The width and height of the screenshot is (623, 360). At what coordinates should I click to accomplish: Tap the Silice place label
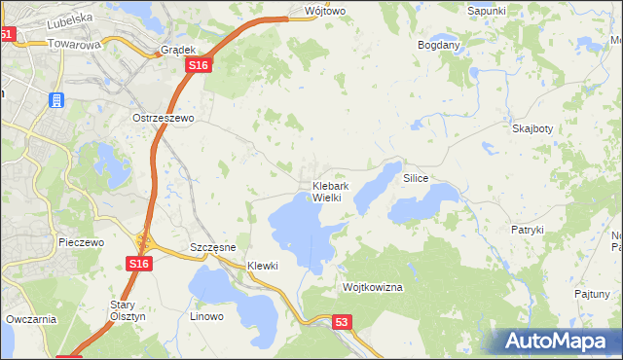pyautogui.click(x=416, y=179)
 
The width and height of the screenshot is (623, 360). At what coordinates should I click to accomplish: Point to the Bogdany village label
pyautogui.click(x=438, y=46)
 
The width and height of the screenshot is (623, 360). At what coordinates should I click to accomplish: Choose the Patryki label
pyautogui.click(x=527, y=230)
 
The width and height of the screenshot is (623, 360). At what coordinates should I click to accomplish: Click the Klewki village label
pyautogui.click(x=263, y=266)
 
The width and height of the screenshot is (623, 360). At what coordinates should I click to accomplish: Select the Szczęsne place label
pyautogui.click(x=213, y=247)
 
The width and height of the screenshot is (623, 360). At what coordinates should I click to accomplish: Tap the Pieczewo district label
pyautogui.click(x=81, y=242)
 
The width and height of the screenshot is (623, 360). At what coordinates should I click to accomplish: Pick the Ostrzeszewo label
pyautogui.click(x=164, y=117)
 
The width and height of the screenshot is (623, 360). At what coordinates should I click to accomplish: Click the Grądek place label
pyautogui.click(x=180, y=49)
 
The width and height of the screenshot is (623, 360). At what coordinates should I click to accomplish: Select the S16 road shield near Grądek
pyautogui.click(x=199, y=64)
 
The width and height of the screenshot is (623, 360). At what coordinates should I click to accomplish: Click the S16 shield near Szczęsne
pyautogui.click(x=138, y=264)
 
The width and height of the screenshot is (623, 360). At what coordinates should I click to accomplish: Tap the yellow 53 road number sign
pyautogui.click(x=340, y=321)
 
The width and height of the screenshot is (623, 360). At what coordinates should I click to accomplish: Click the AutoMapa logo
pyautogui.click(x=558, y=341)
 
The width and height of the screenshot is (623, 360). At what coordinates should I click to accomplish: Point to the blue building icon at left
pyautogui.click(x=56, y=100)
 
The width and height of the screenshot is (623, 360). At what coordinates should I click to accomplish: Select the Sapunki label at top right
pyautogui.click(x=487, y=10)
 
